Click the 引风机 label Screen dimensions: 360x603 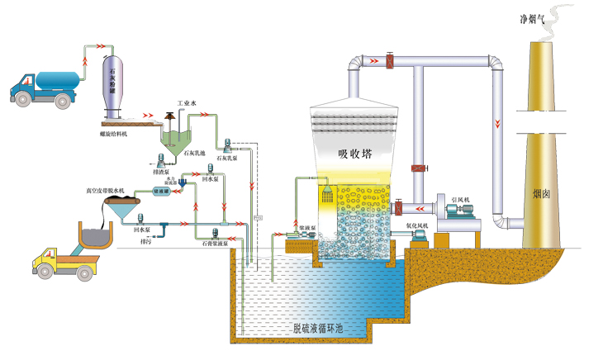460,201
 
